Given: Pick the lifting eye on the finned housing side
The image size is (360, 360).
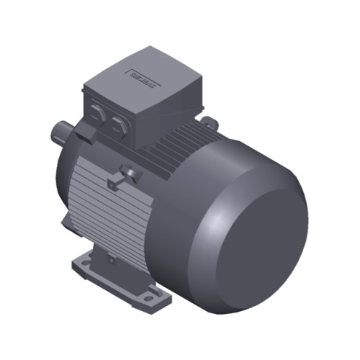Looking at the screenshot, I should [x=127, y=172].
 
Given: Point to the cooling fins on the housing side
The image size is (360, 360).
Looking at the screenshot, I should [x=101, y=202].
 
